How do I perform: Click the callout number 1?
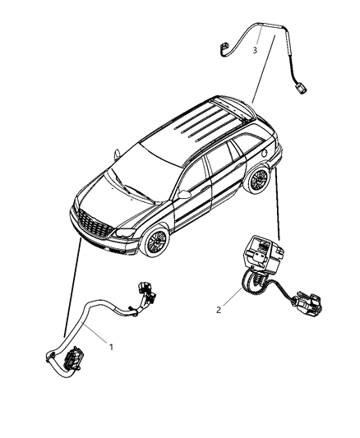click(x=111, y=347)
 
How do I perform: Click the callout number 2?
click(x=219, y=310)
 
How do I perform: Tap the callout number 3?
click(x=255, y=50)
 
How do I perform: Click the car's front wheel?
click(x=156, y=242)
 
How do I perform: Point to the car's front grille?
click(x=95, y=226)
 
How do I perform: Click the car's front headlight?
click(x=125, y=233)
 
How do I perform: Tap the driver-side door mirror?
click(x=184, y=195)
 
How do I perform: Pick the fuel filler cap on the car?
click(x=264, y=153)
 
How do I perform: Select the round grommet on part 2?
click(x=252, y=283)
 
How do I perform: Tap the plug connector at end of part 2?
click(x=307, y=302)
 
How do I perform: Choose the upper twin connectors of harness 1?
click(x=146, y=293)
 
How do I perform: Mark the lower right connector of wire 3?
click(x=300, y=90)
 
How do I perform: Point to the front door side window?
click(x=193, y=175)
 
